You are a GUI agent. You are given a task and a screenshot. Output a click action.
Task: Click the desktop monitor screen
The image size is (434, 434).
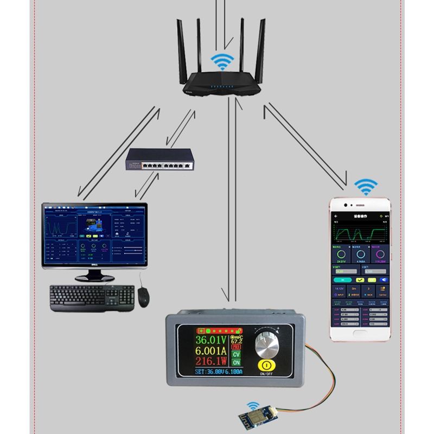[94, 237]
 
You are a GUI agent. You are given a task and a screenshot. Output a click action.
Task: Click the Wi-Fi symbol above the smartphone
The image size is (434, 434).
[367, 188]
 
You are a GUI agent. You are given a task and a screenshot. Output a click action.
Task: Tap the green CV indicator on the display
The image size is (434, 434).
[236, 355]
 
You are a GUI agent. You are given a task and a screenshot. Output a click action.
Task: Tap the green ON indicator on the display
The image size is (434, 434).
[236, 363]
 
